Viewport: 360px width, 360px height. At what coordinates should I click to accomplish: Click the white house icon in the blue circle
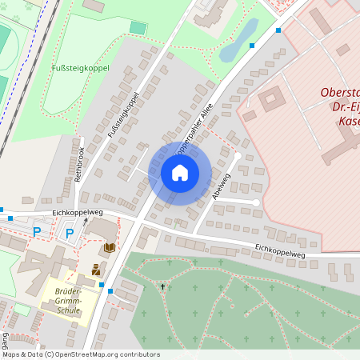[180, 173]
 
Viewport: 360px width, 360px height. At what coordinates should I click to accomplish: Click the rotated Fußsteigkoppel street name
[124, 114]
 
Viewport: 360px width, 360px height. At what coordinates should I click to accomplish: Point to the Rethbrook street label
[80, 163]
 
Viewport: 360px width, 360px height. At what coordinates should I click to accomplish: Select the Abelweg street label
[222, 185]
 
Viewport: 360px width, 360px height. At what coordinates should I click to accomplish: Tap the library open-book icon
[110, 248]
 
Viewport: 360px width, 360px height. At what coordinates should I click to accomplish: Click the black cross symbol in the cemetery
[162, 286]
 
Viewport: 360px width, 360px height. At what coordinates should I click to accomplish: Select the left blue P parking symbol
[36, 232]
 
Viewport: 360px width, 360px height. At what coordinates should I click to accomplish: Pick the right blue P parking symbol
[70, 233]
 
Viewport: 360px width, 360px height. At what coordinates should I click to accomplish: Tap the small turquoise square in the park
[138, 28]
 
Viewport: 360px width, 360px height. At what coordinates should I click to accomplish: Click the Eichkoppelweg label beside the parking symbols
[78, 212]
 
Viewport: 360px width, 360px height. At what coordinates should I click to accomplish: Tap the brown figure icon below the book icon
[96, 270]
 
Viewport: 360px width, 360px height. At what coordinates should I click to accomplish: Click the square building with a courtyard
[270, 101]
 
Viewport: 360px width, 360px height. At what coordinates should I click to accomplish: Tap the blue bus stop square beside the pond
[252, 46]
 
